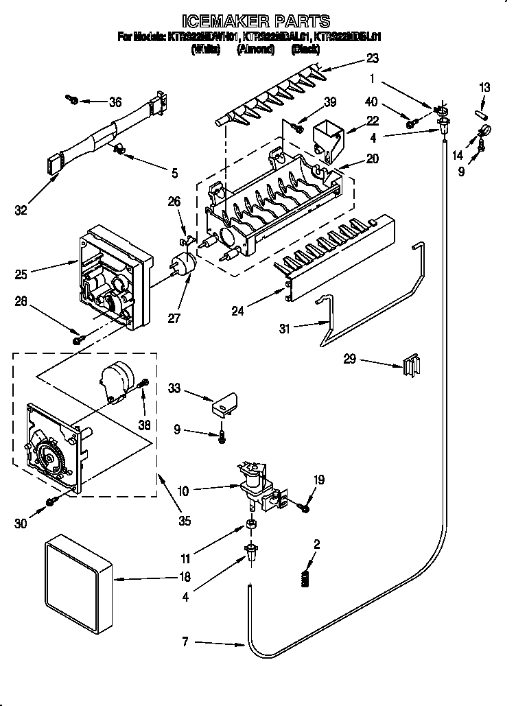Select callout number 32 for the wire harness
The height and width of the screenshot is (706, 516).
click(23, 211)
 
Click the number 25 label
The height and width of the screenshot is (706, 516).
click(23, 274)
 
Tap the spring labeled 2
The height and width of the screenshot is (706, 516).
click(307, 578)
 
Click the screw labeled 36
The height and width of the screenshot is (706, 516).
click(72, 100)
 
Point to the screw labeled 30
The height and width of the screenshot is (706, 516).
click(50, 503)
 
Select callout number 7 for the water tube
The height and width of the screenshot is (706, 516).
click(185, 643)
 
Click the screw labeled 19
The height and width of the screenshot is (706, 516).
click(303, 507)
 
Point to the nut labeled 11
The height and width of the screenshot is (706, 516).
click(251, 525)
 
